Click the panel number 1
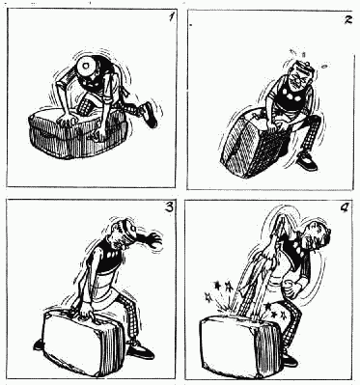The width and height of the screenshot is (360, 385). (170, 17)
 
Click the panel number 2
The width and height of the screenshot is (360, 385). (347, 20)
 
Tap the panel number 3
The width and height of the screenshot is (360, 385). (169, 207)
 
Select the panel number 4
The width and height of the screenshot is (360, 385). (344, 209)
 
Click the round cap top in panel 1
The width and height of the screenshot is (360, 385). (86, 66)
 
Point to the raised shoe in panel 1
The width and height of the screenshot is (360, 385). (149, 115)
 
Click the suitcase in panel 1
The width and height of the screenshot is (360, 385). (78, 133)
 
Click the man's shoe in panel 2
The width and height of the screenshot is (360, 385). (306, 162)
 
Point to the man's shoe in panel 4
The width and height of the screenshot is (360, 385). (291, 361)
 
